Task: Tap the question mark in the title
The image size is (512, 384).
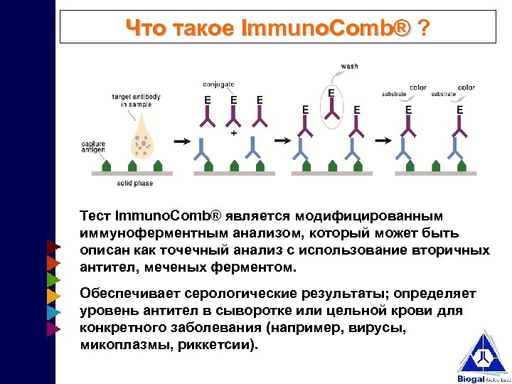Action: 424,28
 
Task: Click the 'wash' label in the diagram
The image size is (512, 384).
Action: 349,66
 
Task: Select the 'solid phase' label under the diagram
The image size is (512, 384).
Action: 134,183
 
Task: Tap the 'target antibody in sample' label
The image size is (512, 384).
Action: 135,100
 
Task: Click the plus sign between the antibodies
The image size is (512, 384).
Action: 234,132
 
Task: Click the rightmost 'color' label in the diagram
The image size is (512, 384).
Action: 466,88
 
